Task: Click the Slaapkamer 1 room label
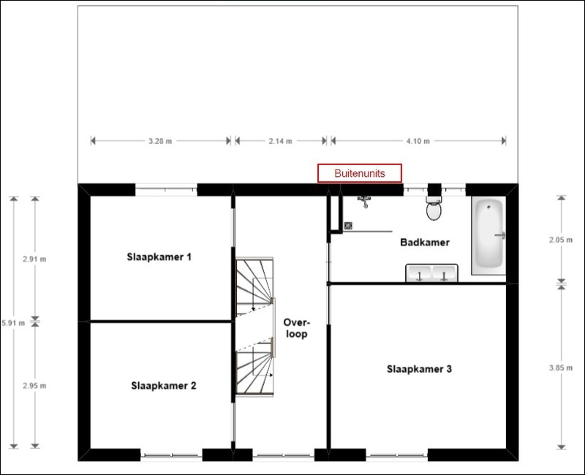(159, 257)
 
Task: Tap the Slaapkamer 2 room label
(164, 386)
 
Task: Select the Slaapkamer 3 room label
(419, 369)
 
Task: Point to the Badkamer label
(424, 243)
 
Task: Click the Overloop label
(297, 328)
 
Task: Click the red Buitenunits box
(359, 173)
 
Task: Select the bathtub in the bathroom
(488, 235)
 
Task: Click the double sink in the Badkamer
(431, 273)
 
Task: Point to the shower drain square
(349, 226)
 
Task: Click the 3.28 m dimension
(161, 141)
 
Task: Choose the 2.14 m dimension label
(281, 141)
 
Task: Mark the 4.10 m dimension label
(418, 141)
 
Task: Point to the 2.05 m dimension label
(561, 238)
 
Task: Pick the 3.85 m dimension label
(561, 368)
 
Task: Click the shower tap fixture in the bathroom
(363, 199)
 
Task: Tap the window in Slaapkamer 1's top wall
(166, 190)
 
